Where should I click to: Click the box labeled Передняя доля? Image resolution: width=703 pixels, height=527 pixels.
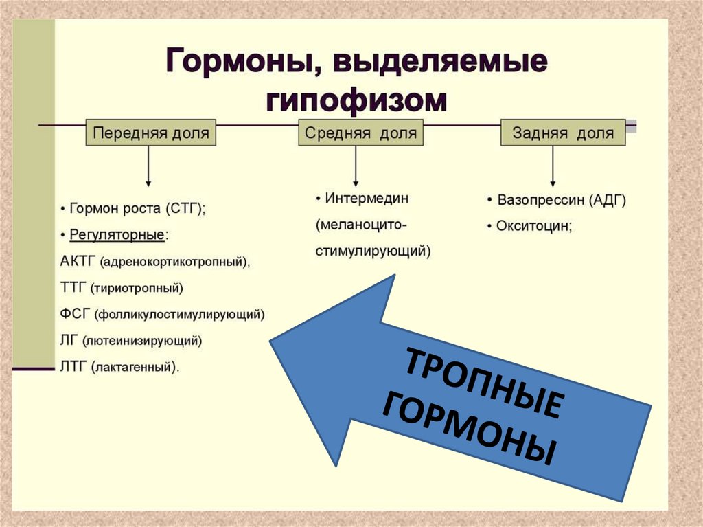150,132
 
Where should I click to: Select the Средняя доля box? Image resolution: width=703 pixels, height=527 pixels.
360,132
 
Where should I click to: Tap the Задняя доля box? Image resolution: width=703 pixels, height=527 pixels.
563,132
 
